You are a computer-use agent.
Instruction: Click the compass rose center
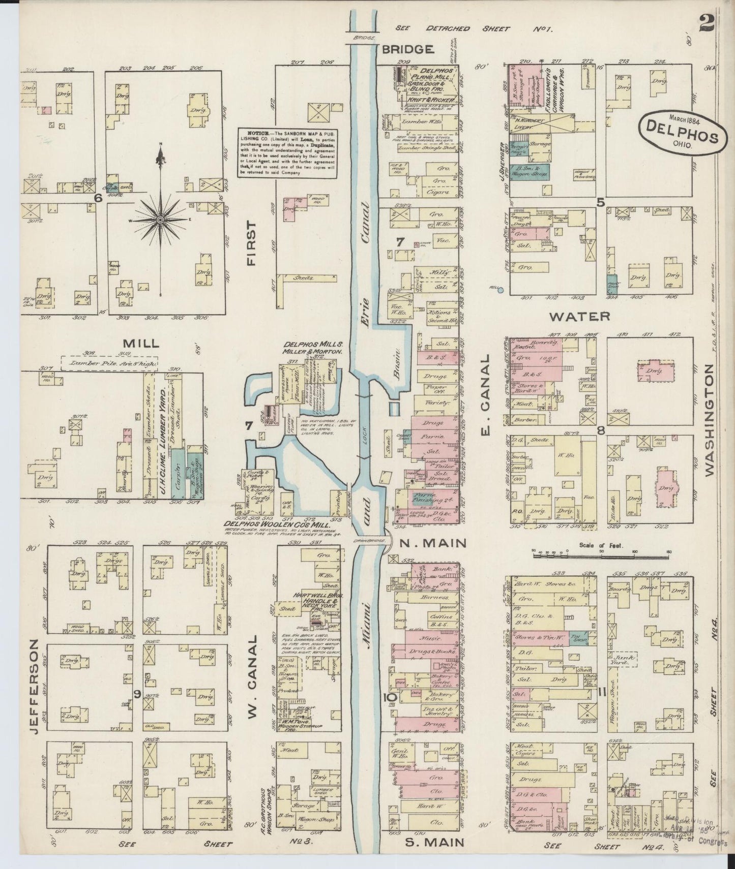point(160,220)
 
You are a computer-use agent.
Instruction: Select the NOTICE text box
point(288,152)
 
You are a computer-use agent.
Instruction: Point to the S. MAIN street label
point(434,843)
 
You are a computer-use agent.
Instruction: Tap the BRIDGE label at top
point(407,49)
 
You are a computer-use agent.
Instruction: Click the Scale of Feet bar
point(601,556)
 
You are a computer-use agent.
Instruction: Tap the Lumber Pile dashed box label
point(109,363)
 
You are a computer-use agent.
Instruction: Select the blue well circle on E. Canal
point(501,290)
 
